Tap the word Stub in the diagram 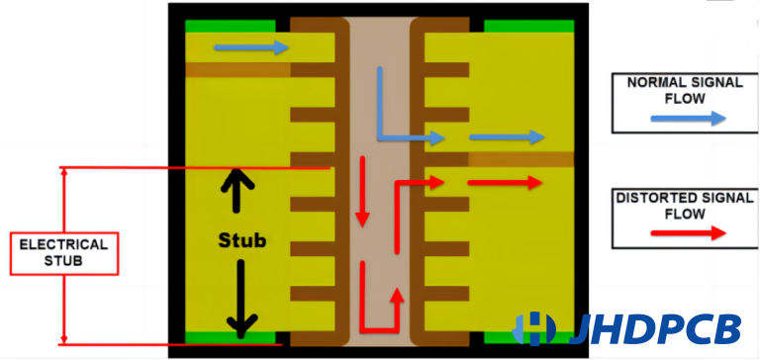(242, 240)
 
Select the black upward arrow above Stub (237, 191)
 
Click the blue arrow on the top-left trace (251, 47)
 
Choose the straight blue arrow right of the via (506, 136)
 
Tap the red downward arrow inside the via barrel (363, 194)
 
